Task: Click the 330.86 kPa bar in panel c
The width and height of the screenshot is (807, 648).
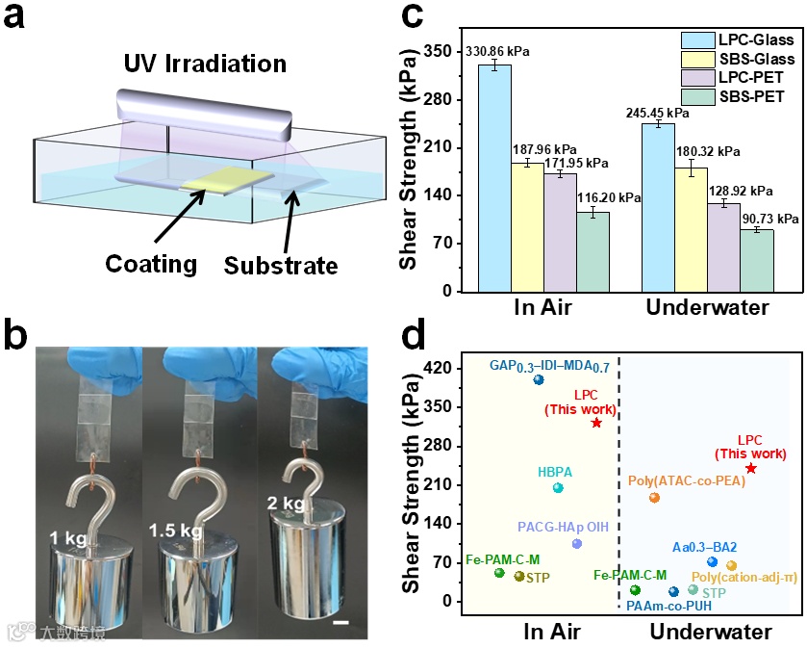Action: tap(494, 178)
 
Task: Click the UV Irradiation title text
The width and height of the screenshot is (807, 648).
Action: tap(205, 65)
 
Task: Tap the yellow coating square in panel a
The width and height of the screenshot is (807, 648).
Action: tap(224, 178)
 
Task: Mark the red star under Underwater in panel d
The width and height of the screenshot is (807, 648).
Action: tap(750, 468)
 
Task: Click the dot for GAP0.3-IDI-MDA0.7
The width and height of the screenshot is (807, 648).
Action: tap(539, 380)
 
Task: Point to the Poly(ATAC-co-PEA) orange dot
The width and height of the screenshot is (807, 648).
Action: tap(654, 498)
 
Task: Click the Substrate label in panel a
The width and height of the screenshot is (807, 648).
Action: tap(281, 266)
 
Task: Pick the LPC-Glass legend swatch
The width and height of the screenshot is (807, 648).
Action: tap(696, 40)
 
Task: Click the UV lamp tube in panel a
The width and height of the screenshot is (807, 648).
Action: tap(202, 112)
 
